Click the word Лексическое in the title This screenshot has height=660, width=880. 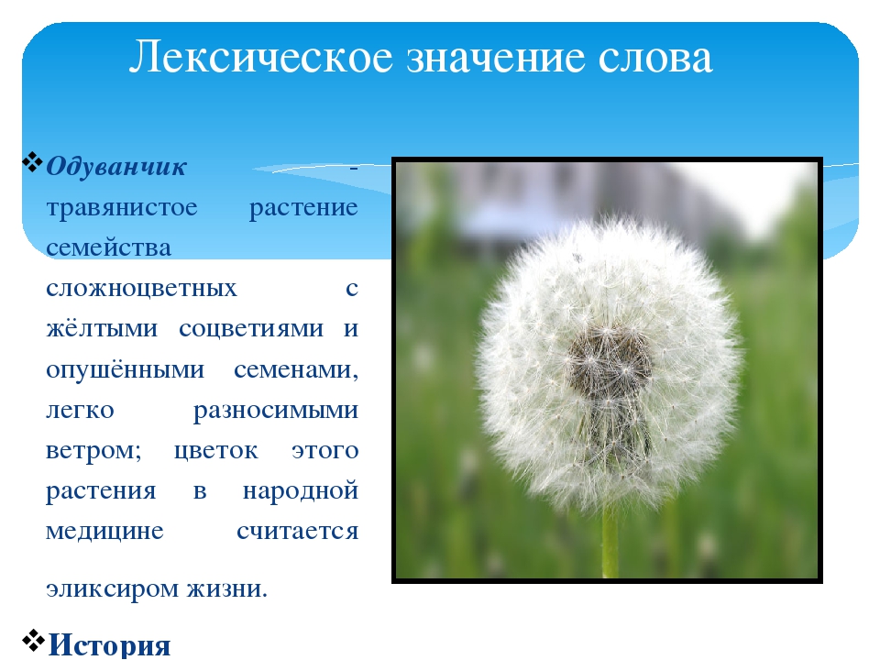click(261, 57)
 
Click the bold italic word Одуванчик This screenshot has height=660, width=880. click(116, 167)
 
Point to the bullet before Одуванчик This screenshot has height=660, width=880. click(33, 162)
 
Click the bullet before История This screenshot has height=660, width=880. click(33, 641)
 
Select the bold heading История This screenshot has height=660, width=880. click(109, 644)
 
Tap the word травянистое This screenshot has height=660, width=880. click(122, 209)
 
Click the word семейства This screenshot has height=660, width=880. click(108, 248)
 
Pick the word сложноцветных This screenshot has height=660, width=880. click(141, 289)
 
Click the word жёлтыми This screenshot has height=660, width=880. click(102, 329)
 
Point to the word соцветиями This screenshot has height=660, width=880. click(251, 329)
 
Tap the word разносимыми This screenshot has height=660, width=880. click(276, 412)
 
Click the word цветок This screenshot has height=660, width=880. click(216, 452)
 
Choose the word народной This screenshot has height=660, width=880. click(301, 491)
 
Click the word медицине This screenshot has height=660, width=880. click(104, 532)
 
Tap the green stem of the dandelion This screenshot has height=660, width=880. click(610, 542)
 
